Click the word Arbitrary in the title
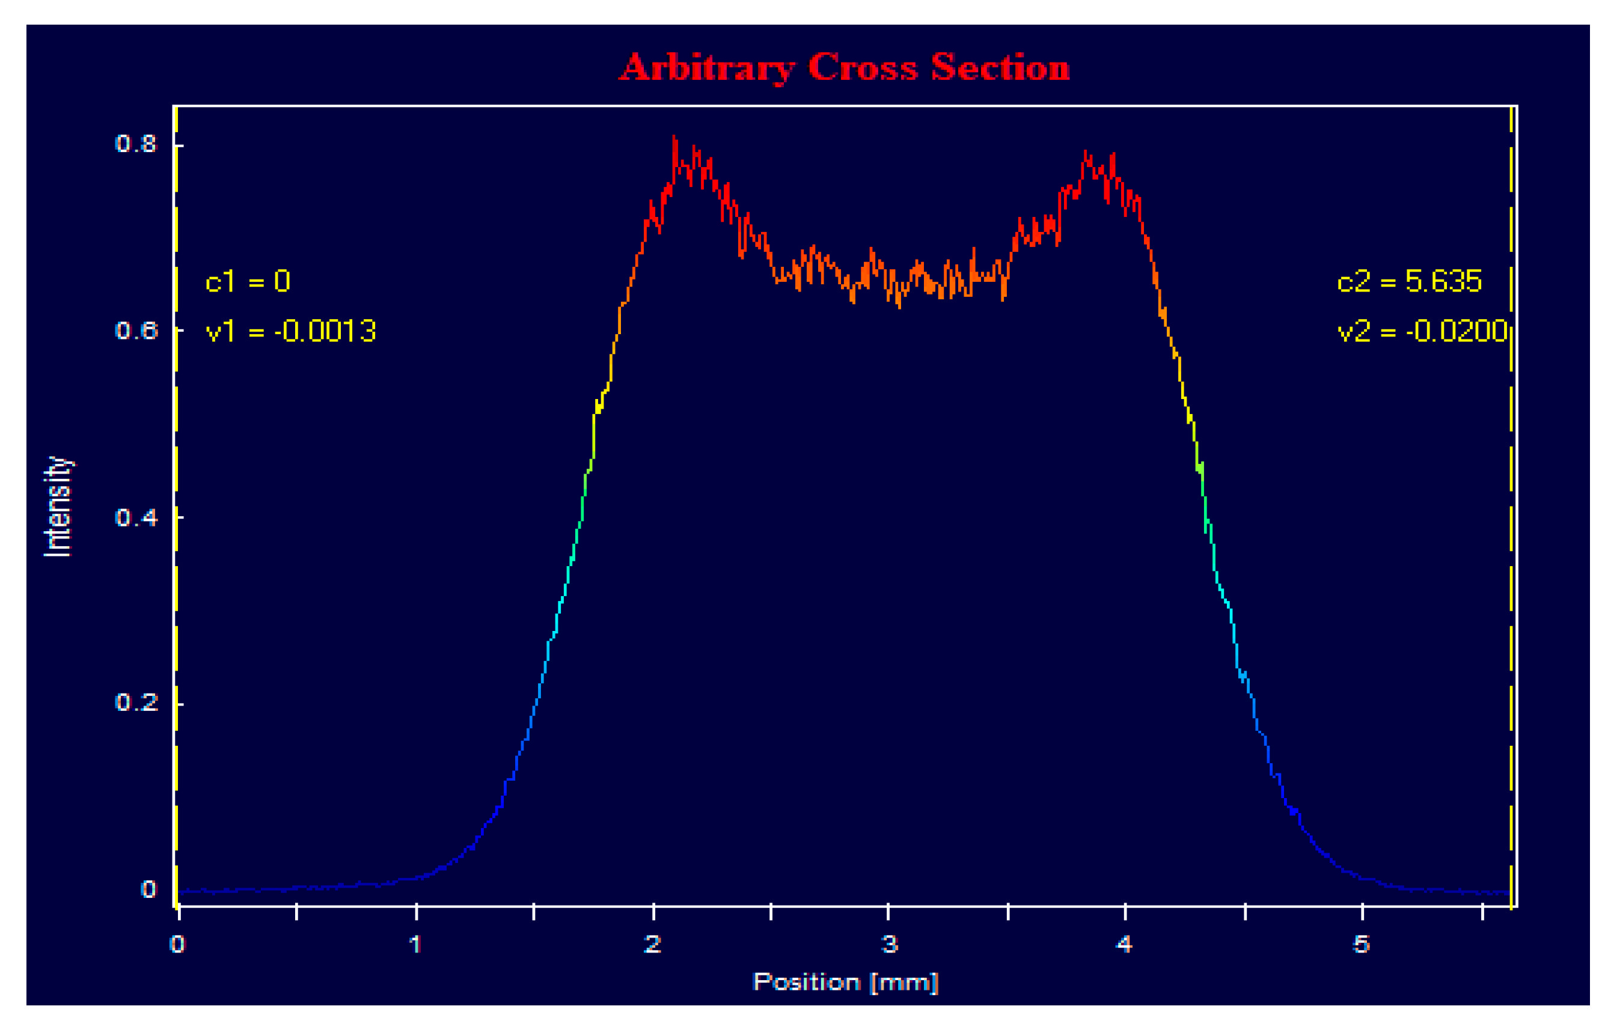[x=706, y=69]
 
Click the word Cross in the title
[x=863, y=69]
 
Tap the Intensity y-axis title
[x=58, y=507]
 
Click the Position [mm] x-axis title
[x=845, y=982]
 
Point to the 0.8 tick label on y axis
[x=136, y=144]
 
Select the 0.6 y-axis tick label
[x=136, y=331]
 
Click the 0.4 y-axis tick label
[x=136, y=517]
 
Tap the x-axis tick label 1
[x=415, y=944]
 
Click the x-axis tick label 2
[x=653, y=944]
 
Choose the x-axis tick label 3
[x=890, y=944]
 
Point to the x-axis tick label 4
[x=1124, y=944]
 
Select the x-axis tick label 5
[x=1361, y=944]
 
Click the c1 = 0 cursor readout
[x=248, y=282]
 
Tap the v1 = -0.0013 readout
[x=291, y=331]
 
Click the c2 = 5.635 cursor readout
[x=1409, y=282]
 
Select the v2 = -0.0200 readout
[x=1422, y=331]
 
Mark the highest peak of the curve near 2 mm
[x=674, y=138]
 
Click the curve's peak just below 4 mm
[x=1085, y=152]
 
